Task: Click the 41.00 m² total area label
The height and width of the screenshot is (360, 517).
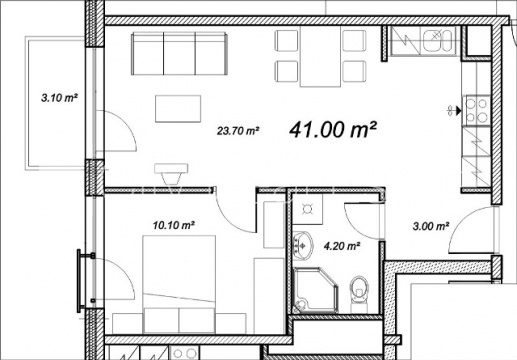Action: [333, 129]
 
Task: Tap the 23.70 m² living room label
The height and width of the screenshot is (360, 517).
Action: [238, 131]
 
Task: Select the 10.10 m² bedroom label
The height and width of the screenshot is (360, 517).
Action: [174, 225]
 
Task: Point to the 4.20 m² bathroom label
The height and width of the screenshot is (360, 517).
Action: [342, 246]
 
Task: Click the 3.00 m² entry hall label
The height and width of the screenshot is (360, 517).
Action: [430, 226]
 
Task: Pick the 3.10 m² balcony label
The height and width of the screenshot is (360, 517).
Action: [59, 98]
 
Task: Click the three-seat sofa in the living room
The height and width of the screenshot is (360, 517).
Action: [180, 53]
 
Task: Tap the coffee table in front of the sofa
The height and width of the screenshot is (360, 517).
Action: [178, 109]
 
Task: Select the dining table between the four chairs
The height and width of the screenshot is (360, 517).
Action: [320, 57]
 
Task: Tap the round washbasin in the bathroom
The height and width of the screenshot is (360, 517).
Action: [303, 245]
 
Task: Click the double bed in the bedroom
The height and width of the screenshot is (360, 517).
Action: [179, 284]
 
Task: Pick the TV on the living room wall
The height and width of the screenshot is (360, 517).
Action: [171, 173]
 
